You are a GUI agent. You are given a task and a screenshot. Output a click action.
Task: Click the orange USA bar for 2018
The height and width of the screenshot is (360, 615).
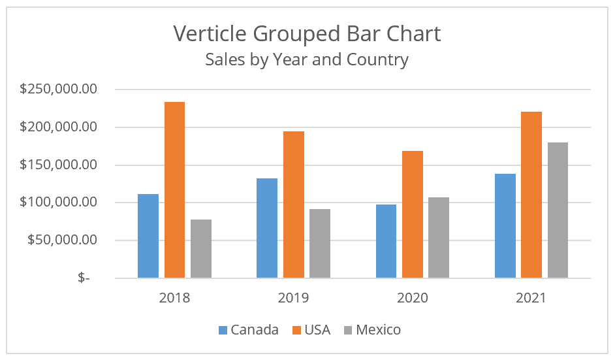[174, 190]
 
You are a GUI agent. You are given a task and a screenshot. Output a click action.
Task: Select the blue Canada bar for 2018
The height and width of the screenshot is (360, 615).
[148, 236]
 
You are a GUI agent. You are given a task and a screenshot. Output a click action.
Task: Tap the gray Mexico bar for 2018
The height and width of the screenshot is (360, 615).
[201, 249]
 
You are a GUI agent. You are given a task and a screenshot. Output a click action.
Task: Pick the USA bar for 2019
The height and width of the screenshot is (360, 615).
[293, 205]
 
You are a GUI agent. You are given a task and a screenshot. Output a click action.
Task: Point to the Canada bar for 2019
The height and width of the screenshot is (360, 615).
[267, 228]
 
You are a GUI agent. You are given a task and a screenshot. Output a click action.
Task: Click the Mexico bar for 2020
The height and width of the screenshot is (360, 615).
[439, 238]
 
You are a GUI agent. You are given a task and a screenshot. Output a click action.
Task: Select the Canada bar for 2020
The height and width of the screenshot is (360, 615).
[386, 241]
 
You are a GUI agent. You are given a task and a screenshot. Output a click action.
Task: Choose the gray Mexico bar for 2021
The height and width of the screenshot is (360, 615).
[558, 210]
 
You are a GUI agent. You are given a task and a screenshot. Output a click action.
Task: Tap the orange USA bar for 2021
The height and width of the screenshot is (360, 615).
[531, 195]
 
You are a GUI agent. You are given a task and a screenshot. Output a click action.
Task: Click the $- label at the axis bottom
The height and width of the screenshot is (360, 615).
[84, 278]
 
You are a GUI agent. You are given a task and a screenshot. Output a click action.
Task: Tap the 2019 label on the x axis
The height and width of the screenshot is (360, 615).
[293, 298]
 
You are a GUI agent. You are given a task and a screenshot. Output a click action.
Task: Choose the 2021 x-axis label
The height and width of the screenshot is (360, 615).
[531, 298]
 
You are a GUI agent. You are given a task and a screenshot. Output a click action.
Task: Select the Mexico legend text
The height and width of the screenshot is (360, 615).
[379, 330]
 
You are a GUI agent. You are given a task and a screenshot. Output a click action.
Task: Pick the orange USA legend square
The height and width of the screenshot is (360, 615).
[293, 330]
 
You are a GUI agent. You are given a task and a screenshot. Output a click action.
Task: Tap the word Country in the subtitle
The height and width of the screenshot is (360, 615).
[377, 60]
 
